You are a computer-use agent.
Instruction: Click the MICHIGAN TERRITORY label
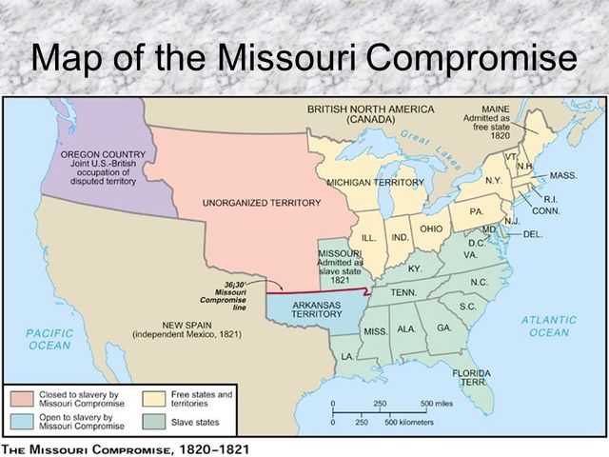coord(374,182)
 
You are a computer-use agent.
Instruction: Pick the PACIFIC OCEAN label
coord(49,340)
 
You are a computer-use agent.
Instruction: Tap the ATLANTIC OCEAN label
coord(549,326)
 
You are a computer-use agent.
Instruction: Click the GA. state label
coord(444,328)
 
